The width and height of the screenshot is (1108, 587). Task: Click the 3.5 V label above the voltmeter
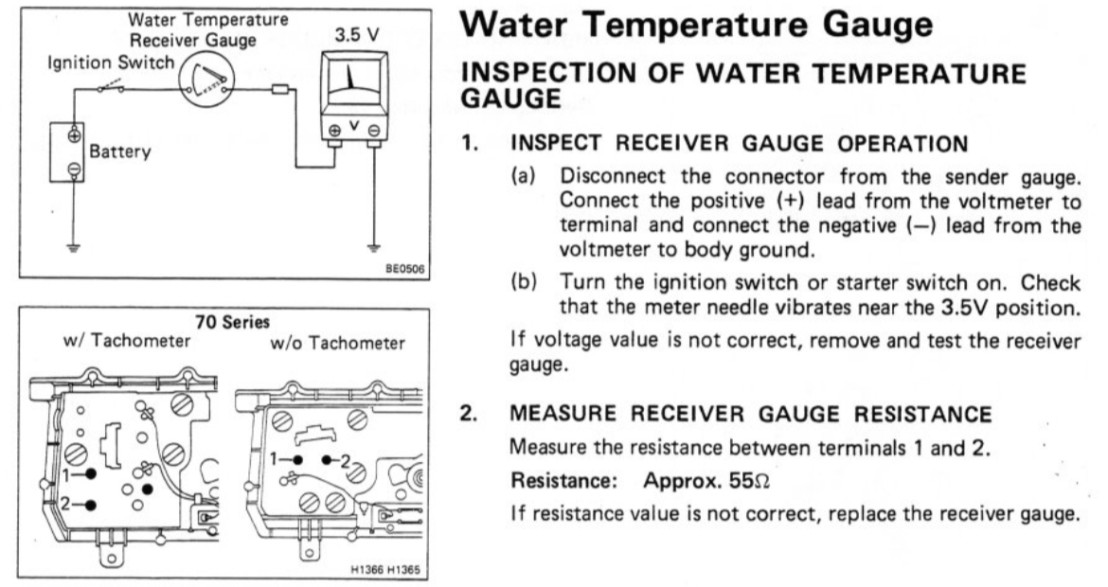[356, 35]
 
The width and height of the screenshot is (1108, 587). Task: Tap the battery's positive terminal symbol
[73, 134]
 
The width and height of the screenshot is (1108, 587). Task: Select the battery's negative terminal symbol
[73, 169]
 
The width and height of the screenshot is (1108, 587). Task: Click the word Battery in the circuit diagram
[119, 152]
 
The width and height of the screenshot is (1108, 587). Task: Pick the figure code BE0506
[404, 269]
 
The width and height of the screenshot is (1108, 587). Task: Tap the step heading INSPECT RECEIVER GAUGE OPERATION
[740, 144]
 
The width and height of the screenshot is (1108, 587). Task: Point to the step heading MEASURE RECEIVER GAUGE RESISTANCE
[751, 414]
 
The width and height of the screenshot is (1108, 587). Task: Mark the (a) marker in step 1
[523, 177]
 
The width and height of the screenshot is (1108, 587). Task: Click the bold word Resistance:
[564, 480]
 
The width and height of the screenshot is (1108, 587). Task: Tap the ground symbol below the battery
[73, 249]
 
